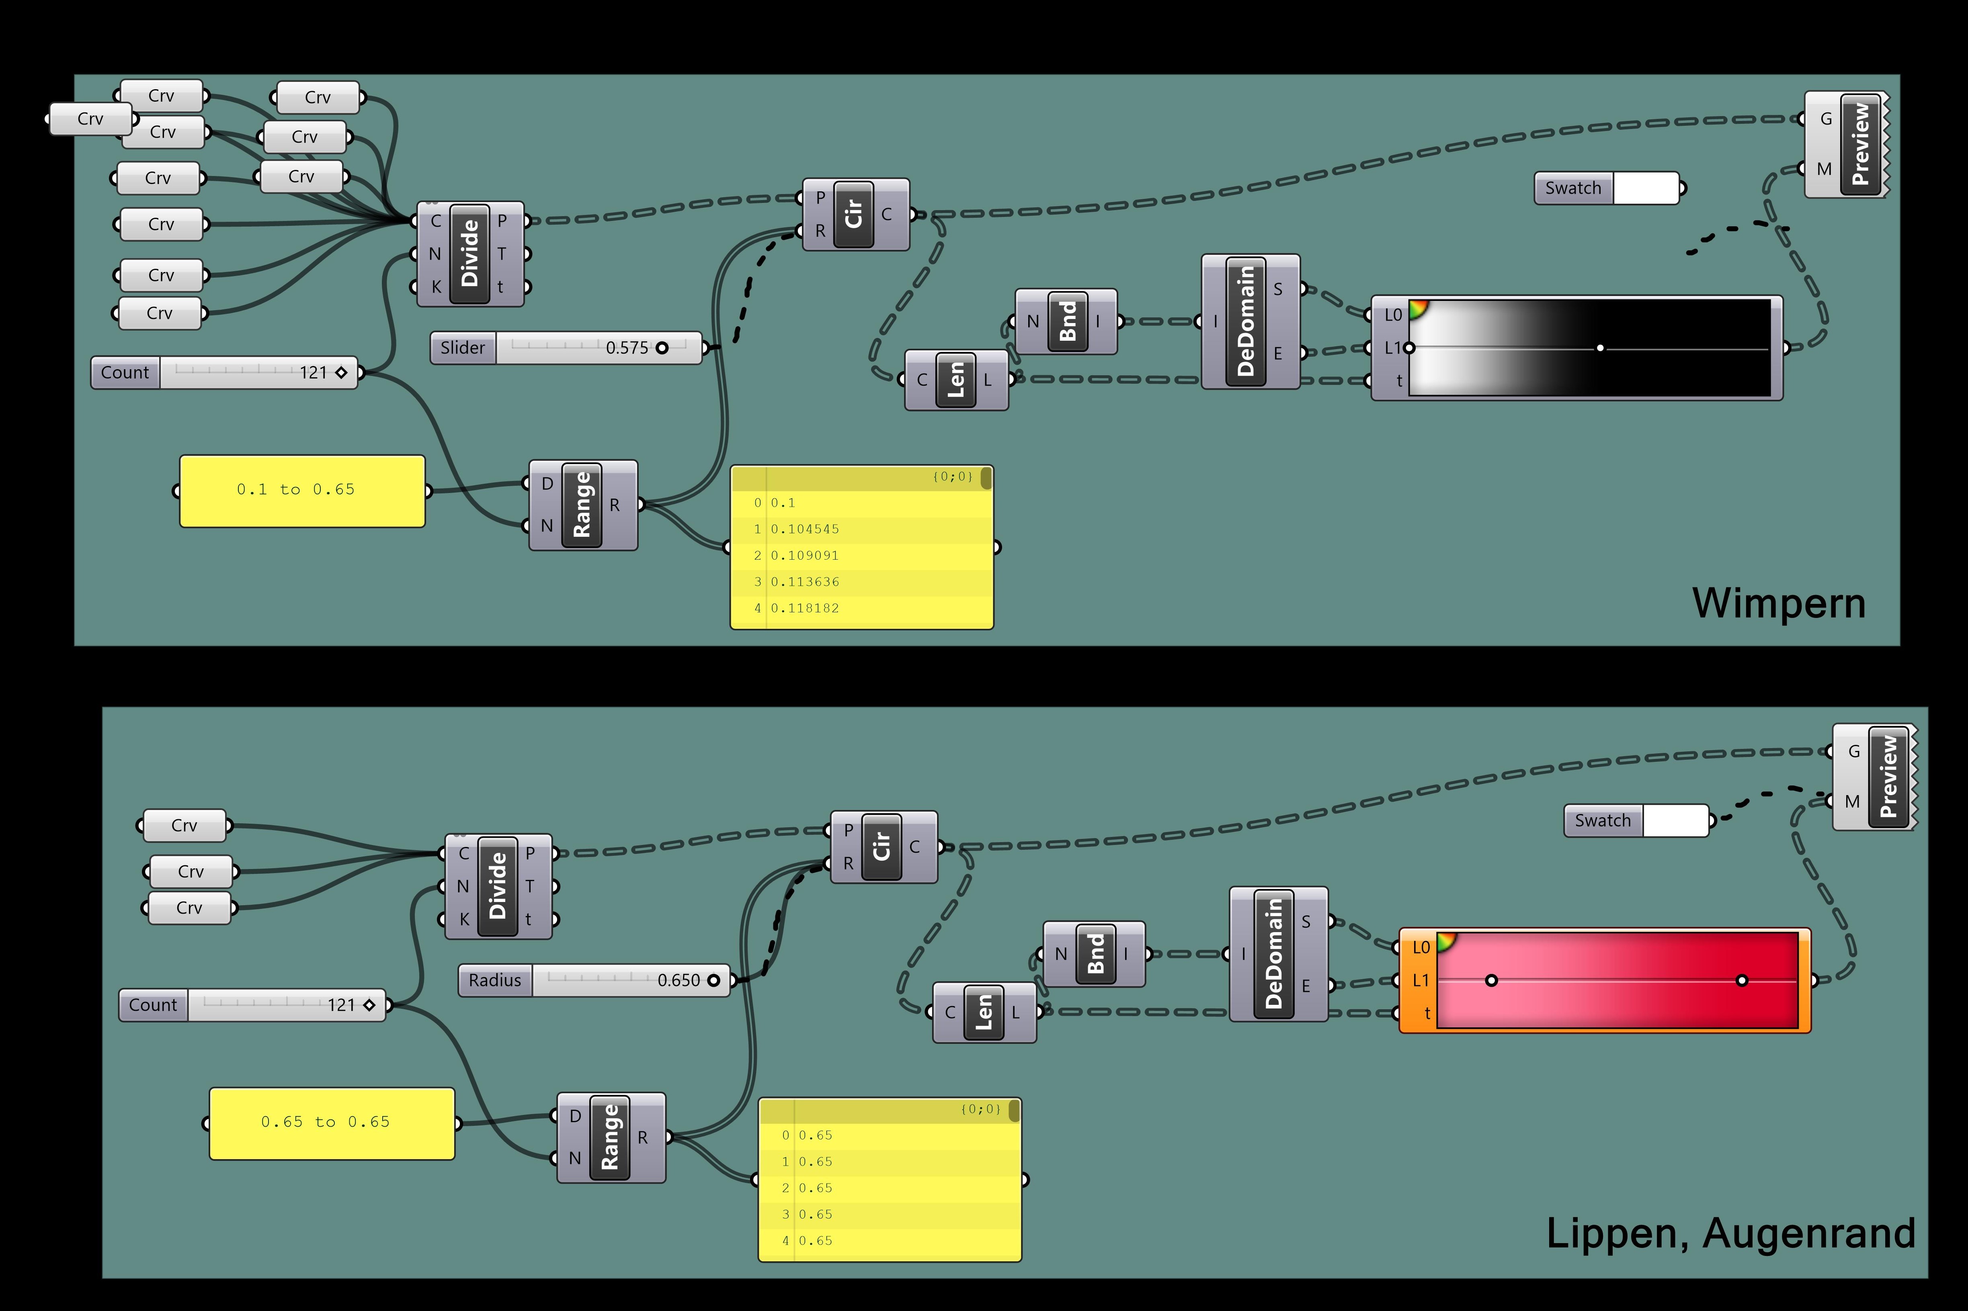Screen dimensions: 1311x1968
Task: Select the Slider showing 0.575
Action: [x=566, y=348]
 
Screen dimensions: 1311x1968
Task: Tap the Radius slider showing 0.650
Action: [x=594, y=980]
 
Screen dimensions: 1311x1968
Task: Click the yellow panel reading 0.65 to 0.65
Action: [x=331, y=1123]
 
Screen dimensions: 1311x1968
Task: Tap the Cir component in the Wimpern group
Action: [x=853, y=214]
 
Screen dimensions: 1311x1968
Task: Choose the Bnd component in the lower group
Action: [x=1095, y=954]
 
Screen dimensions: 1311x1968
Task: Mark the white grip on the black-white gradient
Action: [x=1599, y=348]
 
